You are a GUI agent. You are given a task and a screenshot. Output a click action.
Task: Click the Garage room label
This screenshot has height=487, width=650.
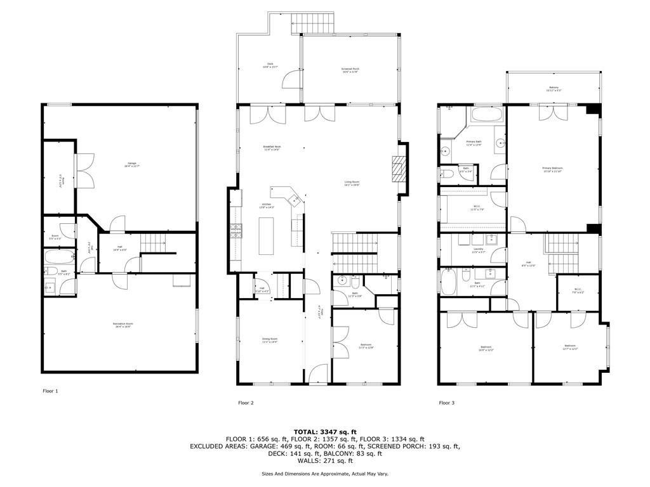coord(132,164)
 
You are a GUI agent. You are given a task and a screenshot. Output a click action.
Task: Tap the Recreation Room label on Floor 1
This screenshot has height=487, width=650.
coord(123,325)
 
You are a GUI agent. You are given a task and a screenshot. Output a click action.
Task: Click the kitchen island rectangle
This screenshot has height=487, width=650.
coord(266,236)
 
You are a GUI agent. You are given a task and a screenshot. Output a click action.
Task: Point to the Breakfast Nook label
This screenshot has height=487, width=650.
coord(272,148)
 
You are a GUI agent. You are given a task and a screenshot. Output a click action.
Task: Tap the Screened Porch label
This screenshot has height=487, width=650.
coord(350,70)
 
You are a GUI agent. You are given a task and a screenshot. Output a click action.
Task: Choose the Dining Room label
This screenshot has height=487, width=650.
coord(270,341)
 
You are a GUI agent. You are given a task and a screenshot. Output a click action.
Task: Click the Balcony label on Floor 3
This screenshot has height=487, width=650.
coord(554,89)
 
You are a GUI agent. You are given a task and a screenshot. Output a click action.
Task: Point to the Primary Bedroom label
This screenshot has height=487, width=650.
coord(552,169)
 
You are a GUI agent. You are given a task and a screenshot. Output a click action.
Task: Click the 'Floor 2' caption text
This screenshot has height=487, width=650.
coord(246,403)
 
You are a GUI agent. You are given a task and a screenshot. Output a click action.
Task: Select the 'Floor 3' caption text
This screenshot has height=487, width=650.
coord(447,403)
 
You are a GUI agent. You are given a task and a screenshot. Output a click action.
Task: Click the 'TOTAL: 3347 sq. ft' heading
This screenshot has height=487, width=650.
coord(324,431)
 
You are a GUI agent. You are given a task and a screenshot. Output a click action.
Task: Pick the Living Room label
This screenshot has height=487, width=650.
coord(352,184)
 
